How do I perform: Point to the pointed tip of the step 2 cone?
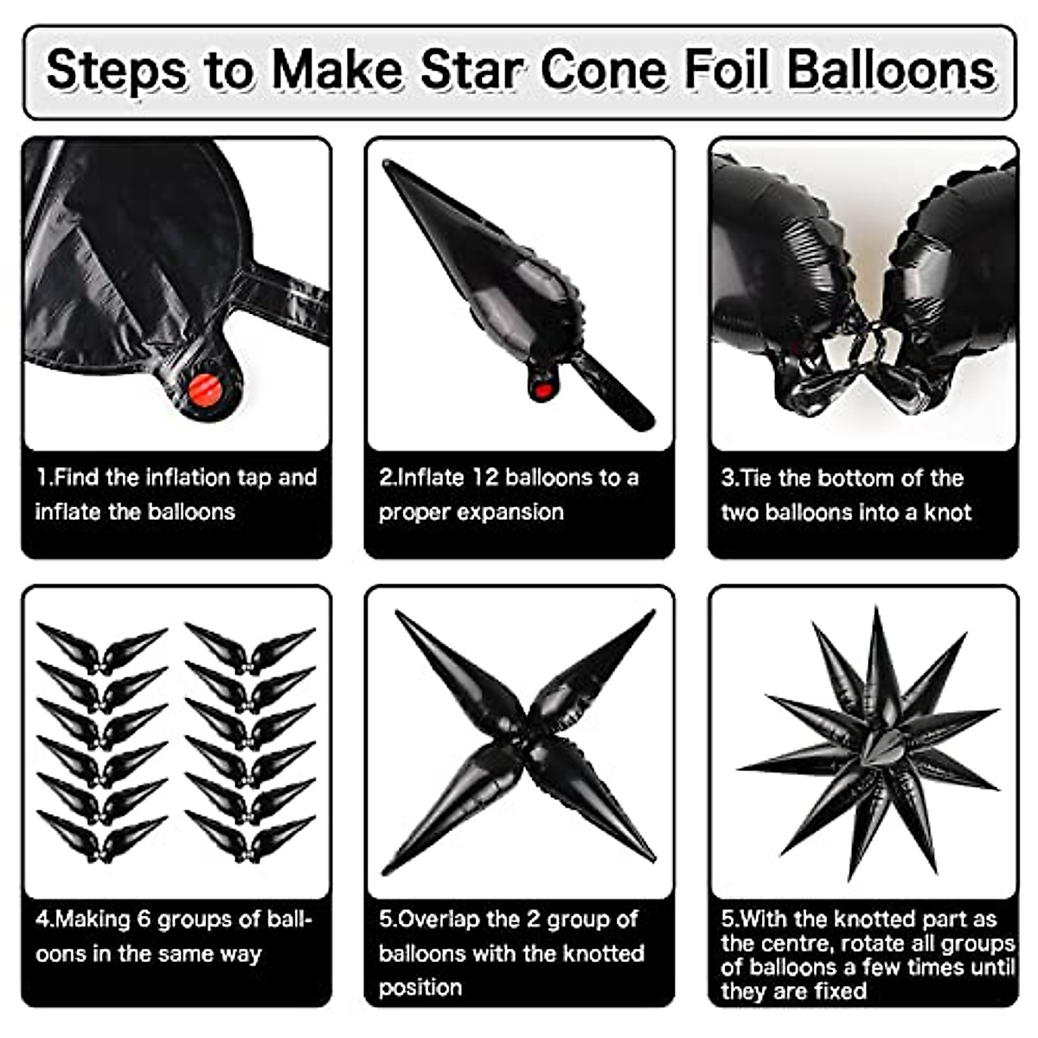pos(387,163)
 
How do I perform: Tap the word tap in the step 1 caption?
pos(251,477)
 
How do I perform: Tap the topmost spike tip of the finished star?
pos(877,609)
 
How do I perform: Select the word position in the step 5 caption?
pos(420,987)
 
